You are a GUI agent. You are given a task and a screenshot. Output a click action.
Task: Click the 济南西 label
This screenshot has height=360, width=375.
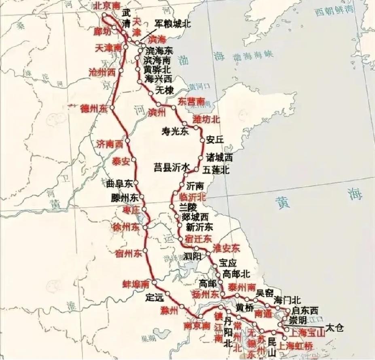[x=110, y=143]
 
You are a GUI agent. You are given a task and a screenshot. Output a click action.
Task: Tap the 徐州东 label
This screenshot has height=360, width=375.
[x=125, y=227]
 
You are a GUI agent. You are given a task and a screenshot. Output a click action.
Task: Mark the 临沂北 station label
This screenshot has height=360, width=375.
[x=193, y=197]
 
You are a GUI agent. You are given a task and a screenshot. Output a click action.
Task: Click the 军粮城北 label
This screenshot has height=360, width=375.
[x=173, y=24]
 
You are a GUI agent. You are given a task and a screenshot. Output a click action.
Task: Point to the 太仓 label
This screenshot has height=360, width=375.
[x=334, y=327]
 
